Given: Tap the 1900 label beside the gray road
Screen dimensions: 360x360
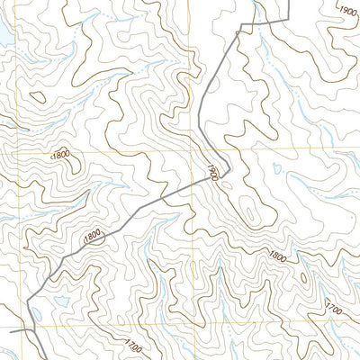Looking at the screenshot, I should (212, 172).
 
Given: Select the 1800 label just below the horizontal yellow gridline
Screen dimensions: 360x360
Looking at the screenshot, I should (61, 155).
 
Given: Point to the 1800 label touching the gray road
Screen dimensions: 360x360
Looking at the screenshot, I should (92, 236).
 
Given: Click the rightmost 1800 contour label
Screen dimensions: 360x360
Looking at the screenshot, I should (277, 258).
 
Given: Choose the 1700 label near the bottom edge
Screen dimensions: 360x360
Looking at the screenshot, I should (133, 345).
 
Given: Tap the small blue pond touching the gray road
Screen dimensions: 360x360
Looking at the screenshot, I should (38, 315).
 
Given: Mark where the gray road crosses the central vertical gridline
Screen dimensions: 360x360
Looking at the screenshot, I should (191, 182).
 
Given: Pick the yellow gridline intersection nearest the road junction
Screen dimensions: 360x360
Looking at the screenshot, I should (22, 326).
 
